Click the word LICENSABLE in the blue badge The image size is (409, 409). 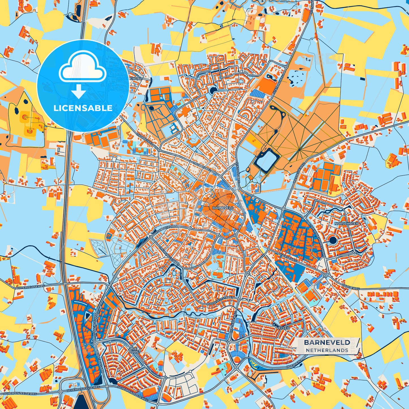pos(83,108)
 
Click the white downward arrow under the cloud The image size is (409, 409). pos(79,91)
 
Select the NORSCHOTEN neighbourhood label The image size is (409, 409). pos(346,224)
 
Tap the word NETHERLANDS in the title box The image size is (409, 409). pos(327,350)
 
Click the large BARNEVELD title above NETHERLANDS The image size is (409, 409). pos(327,342)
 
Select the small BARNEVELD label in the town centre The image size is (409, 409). pos(223,208)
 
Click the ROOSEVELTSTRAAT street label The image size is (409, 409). pos(220,302)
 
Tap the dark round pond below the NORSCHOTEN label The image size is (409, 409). pos(333,240)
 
